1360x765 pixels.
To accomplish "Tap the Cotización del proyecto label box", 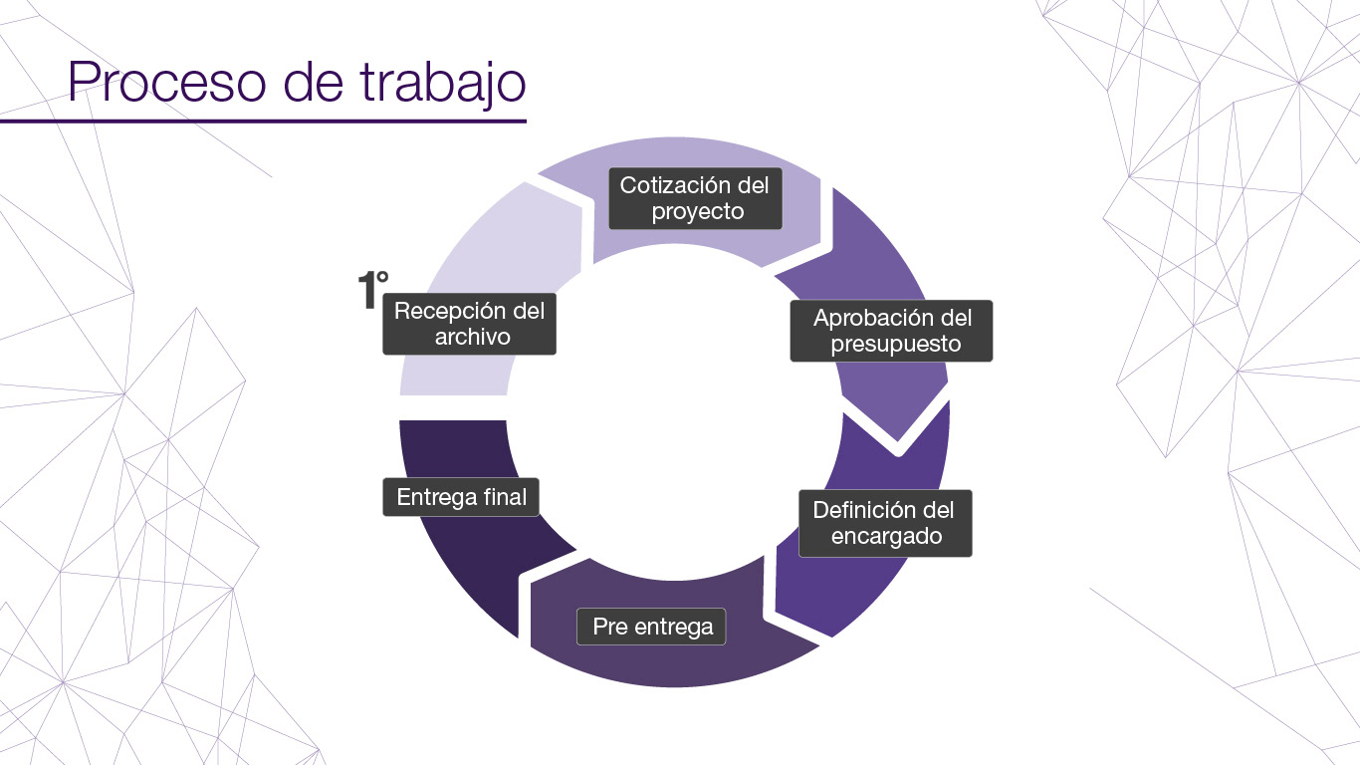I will [x=695, y=198].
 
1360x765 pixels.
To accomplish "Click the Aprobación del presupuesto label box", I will [x=891, y=331].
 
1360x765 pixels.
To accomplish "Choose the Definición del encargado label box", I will [x=884, y=523].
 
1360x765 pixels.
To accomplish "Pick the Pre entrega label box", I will [x=652, y=627].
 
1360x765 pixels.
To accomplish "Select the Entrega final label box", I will [x=461, y=497].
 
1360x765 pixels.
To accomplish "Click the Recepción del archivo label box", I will [x=469, y=324].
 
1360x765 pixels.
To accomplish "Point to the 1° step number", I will [x=372, y=289].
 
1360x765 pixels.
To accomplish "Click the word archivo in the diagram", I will [x=472, y=337].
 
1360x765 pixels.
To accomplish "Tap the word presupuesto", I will [x=895, y=345].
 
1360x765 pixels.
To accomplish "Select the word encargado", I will [x=886, y=537].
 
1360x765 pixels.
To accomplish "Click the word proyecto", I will [x=697, y=212].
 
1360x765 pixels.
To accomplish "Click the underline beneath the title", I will [x=263, y=122].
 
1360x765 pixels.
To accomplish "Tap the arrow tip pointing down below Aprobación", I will [x=898, y=438].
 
